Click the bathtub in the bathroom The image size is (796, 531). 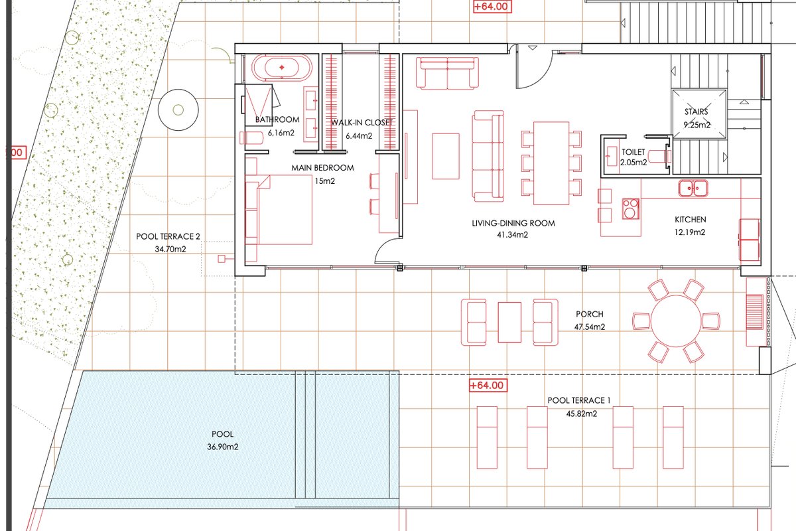pyautogui.click(x=281, y=67)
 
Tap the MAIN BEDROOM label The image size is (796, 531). pyautogui.click(x=322, y=168)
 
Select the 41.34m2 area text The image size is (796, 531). pyautogui.click(x=512, y=235)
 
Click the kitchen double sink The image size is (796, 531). pyautogui.click(x=693, y=188)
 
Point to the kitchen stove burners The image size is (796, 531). pyautogui.click(x=630, y=208)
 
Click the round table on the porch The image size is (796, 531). pyautogui.click(x=676, y=321)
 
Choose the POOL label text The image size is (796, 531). pyautogui.click(x=222, y=434)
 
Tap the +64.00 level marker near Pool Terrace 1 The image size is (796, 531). pyautogui.click(x=488, y=386)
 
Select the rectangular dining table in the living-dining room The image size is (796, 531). pyautogui.click(x=551, y=163)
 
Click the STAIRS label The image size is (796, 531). pyautogui.click(x=696, y=112)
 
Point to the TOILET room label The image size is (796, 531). pyautogui.click(x=633, y=152)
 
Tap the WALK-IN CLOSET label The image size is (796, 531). pyautogui.click(x=362, y=123)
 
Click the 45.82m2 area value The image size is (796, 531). pyautogui.click(x=582, y=414)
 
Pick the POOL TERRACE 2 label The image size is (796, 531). pyautogui.click(x=168, y=236)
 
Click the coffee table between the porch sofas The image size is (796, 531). pyautogui.click(x=509, y=322)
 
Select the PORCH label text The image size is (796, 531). pyautogui.click(x=590, y=315)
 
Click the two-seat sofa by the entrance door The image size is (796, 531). pyautogui.click(x=447, y=73)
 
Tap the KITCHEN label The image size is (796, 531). pyautogui.click(x=690, y=220)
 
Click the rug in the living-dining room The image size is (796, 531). pyautogui.click(x=446, y=156)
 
